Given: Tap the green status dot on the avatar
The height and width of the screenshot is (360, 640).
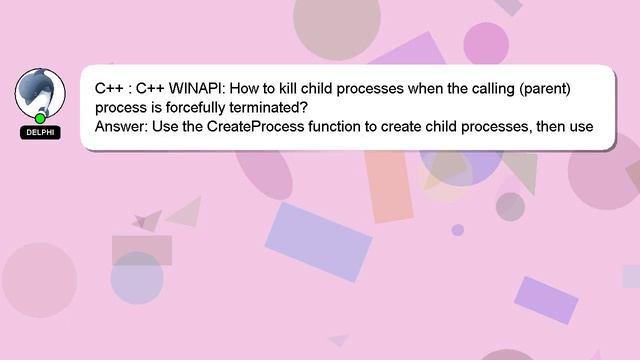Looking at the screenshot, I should tap(41, 118).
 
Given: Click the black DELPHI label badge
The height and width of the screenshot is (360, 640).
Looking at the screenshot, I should tap(40, 132).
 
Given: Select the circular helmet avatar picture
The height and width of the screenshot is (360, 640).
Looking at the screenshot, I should tap(40, 92).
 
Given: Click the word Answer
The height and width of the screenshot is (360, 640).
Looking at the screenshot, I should tap(120, 127).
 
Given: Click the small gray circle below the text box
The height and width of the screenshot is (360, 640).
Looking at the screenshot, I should tap(510, 206).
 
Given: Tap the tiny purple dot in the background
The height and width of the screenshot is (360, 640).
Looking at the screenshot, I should tap(458, 230).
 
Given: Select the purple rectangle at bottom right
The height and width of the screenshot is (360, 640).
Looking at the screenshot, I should tap(545, 299).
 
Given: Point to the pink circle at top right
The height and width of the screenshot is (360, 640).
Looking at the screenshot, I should tap(487, 43).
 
